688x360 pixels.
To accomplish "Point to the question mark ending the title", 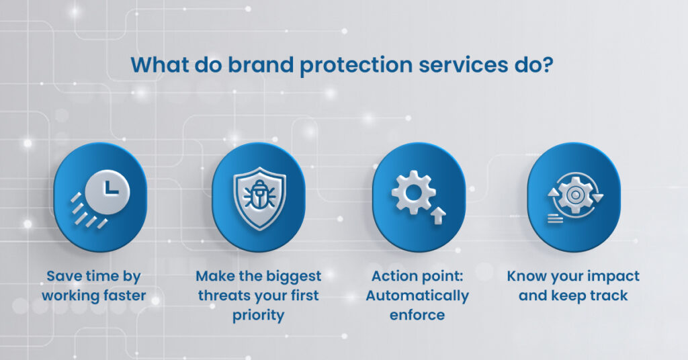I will coord(550,66).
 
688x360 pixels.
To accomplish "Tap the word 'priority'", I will coord(259,314).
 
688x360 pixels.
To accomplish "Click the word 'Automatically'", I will coord(417,296).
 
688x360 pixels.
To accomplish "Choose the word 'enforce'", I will coord(417,314).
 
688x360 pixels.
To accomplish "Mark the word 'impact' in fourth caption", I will coord(613,277).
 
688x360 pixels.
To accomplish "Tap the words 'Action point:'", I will coord(417,277).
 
